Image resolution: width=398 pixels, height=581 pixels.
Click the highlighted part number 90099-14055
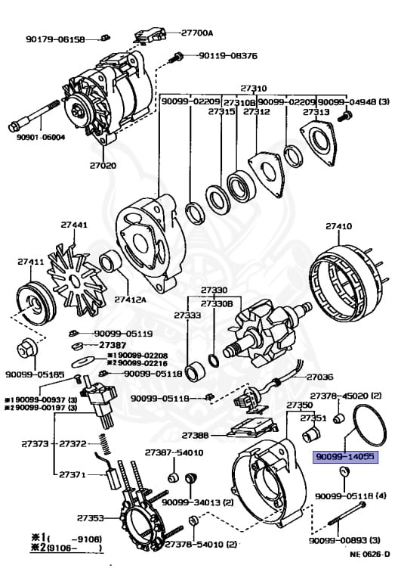(x=344, y=457)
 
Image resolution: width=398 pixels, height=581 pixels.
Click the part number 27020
(x=103, y=165)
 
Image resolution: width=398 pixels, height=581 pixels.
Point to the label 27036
(x=319, y=376)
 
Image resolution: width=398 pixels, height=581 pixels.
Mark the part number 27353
(x=90, y=518)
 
